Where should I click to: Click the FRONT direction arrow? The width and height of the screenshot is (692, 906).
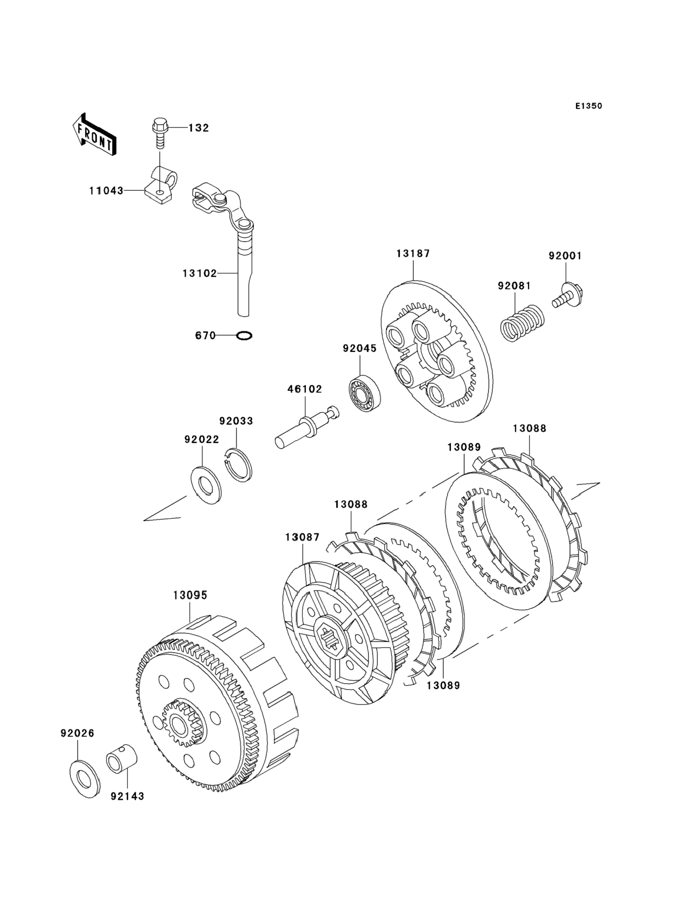[x=94, y=135]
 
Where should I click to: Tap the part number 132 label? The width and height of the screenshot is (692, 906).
[x=199, y=128]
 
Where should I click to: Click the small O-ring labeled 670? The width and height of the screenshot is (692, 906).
[x=244, y=336]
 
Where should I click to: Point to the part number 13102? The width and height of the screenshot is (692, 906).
[x=200, y=273]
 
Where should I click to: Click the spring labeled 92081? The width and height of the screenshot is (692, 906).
[x=522, y=324]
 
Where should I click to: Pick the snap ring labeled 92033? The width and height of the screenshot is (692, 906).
[x=241, y=465]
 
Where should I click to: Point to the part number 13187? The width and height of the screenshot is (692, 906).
[x=413, y=254]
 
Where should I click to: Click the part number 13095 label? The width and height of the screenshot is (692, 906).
[x=190, y=595]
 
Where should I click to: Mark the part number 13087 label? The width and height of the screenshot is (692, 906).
[x=302, y=537]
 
